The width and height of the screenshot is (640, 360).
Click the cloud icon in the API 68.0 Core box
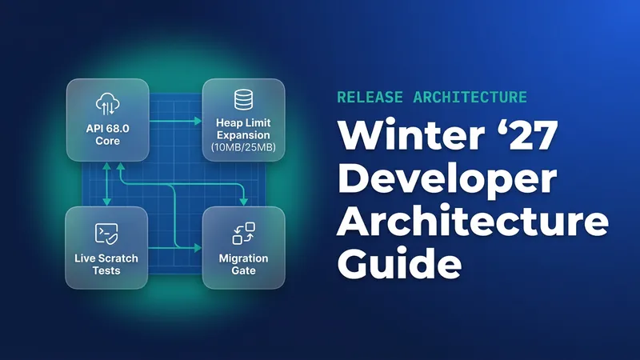coord(108,104)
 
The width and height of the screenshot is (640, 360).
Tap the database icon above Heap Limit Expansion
coord(243,99)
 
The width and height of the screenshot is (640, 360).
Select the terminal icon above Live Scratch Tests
coord(106,234)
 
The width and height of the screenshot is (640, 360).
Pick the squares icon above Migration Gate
coord(244,234)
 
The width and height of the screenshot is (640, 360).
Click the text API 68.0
coord(108,129)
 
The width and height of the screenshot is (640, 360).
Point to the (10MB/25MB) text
coord(243,147)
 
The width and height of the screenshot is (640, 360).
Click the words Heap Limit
coord(243,123)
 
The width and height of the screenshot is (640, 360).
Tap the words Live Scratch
coord(106,258)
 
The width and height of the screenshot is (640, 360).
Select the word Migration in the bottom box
coord(243,258)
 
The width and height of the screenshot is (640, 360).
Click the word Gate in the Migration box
coord(243,270)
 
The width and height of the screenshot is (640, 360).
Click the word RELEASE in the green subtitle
coord(370,97)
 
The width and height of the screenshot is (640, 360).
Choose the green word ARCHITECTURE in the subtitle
coord(470,97)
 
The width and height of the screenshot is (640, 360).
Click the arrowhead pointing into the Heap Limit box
coord(198,121)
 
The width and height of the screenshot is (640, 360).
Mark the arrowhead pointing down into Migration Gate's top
coord(244,202)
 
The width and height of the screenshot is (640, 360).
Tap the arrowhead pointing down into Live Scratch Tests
coord(107,202)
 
